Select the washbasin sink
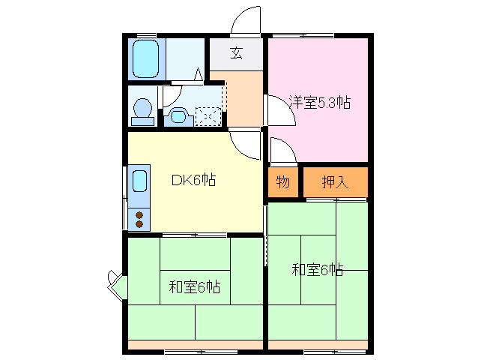tap(178, 115)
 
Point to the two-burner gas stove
tap(139, 219)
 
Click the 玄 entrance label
tap(236, 52)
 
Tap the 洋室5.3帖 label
tap(320, 103)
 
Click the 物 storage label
tap(282, 181)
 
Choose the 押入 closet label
tap(334, 181)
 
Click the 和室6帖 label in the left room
tap(194, 286)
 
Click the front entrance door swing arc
tap(244, 21)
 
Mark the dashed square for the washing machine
tap(208, 115)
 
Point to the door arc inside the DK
tap(245, 142)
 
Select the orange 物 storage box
tap(283, 181)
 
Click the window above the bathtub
tap(146, 35)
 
